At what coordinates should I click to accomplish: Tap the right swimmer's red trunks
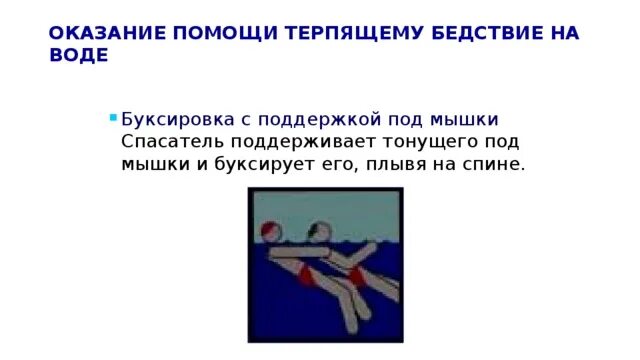356,277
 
